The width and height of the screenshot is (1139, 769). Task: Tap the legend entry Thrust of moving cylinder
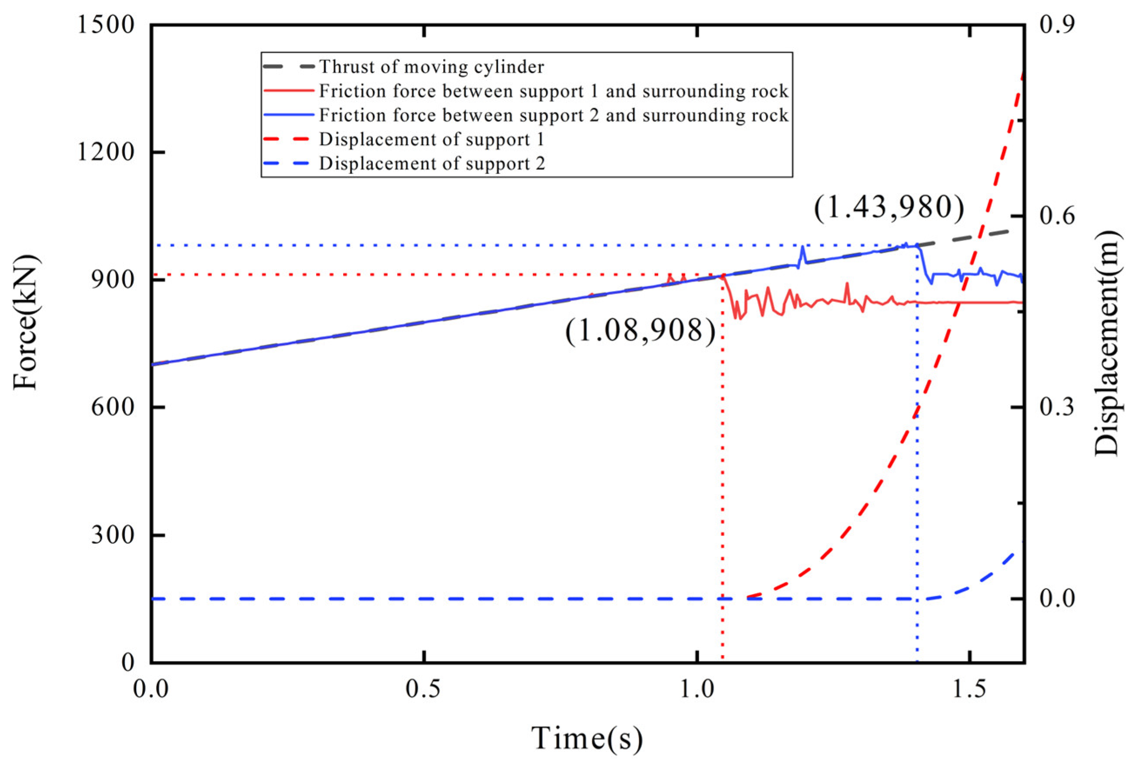pos(431,67)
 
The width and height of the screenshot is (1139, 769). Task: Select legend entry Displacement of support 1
pos(431,140)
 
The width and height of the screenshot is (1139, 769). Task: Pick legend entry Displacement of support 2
pos(431,164)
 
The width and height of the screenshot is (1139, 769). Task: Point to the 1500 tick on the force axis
pos(106,24)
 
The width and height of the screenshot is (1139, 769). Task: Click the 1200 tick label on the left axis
pos(106,152)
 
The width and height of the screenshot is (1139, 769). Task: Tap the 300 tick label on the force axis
pos(113,535)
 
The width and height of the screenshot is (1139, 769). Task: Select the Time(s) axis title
pos(587,739)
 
